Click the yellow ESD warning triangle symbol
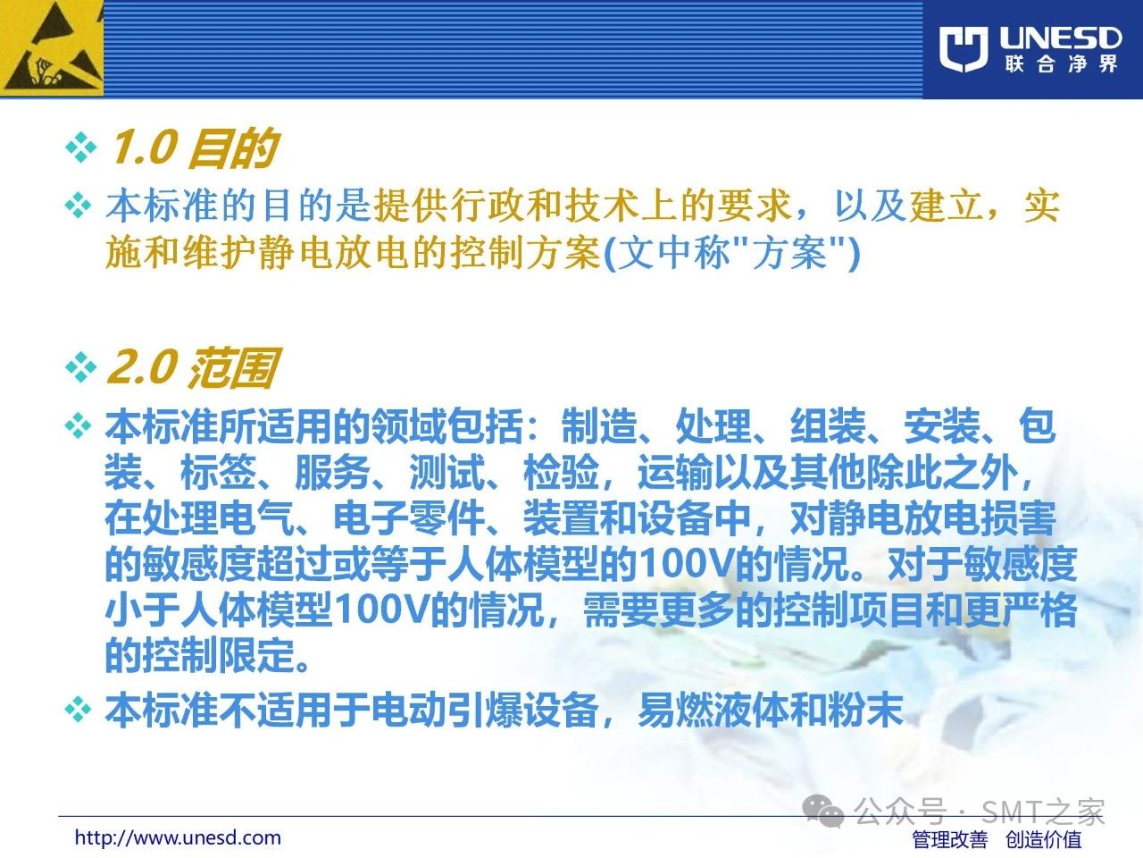click(51, 48)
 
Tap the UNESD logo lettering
click(1060, 38)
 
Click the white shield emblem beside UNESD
click(964, 48)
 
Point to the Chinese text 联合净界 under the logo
click(1061, 64)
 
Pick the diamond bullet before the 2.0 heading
click(80, 367)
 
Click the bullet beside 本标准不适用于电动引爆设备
click(78, 710)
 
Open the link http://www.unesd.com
click(178, 837)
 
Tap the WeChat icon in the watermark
click(823, 811)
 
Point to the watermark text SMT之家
click(1043, 812)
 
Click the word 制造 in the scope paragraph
click(599, 426)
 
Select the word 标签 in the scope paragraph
click(218, 473)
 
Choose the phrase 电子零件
click(409, 518)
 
